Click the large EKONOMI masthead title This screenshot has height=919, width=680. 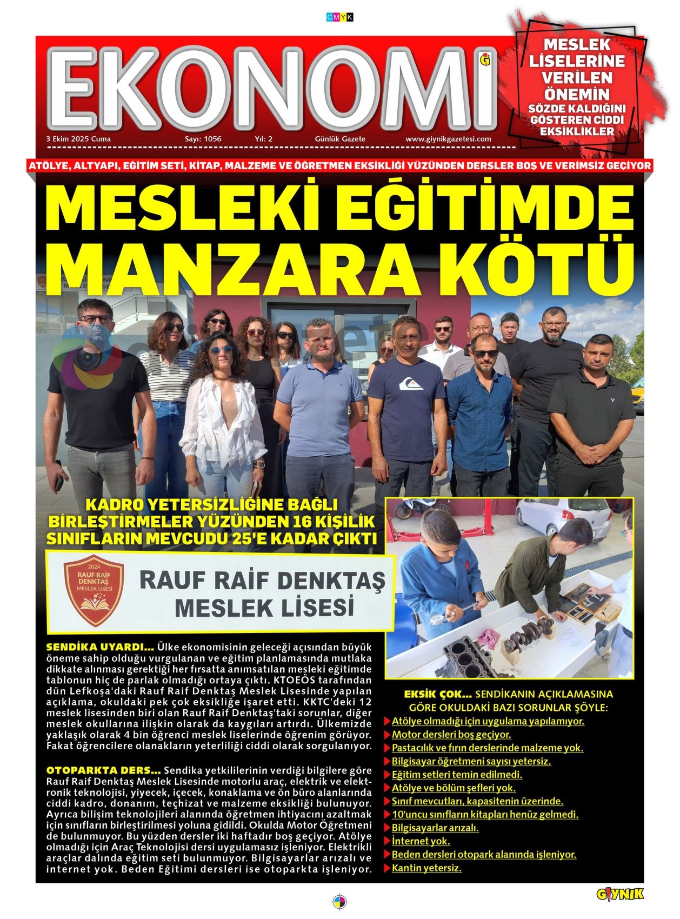point(273,86)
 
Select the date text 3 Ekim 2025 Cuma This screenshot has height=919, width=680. point(79,139)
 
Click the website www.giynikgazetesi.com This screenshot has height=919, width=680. point(448,139)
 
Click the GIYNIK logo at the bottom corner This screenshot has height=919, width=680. point(620,894)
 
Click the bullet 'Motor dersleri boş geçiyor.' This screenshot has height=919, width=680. point(451,735)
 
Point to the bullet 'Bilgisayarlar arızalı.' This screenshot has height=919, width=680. point(435,828)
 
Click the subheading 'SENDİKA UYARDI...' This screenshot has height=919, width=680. point(100,647)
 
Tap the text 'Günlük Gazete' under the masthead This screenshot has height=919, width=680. point(340,139)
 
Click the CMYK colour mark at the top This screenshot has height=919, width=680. point(340,17)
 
